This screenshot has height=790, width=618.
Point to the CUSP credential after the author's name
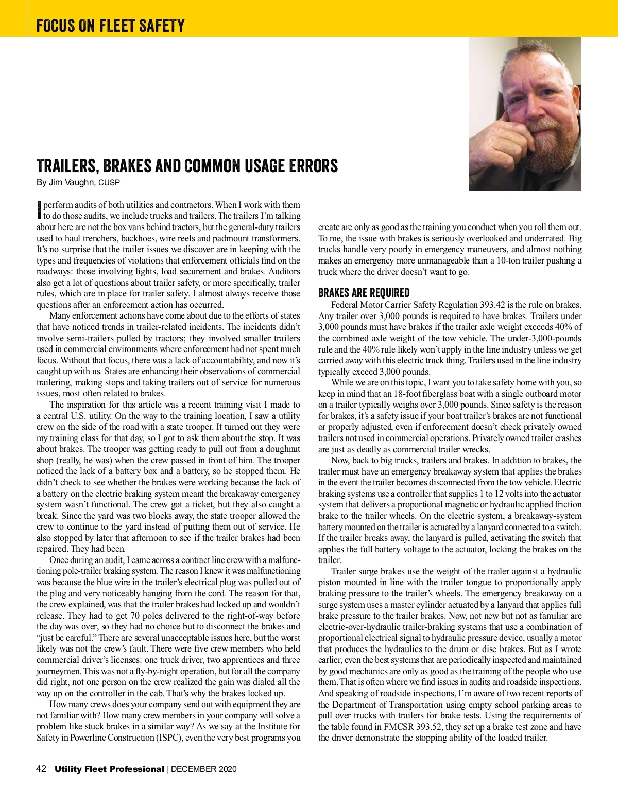tap(109, 183)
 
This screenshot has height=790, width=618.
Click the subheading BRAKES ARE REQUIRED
tap(364, 293)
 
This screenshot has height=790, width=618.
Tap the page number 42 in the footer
tap(41, 769)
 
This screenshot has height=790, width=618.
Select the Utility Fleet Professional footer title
tap(109, 769)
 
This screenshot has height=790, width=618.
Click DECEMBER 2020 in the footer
tap(204, 769)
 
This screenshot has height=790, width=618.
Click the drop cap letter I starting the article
tap(39, 209)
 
